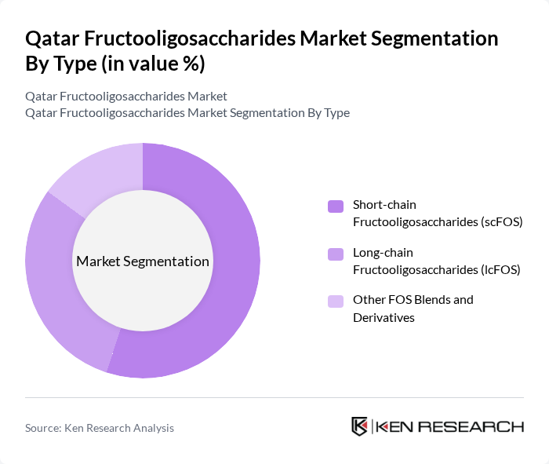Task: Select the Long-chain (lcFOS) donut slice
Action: [x=55, y=283]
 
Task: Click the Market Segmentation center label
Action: [x=142, y=261]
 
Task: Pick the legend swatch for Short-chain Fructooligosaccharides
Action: [x=336, y=206]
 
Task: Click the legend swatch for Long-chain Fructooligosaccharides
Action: [x=336, y=254]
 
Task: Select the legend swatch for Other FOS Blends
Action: [x=336, y=301]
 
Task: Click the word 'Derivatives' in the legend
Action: [x=384, y=317]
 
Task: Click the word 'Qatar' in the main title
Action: [x=53, y=38]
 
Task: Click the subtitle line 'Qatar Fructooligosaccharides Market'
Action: [x=126, y=97]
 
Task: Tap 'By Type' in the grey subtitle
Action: [x=326, y=112]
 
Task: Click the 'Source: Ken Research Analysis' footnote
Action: [x=100, y=428]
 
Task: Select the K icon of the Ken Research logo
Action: [x=359, y=426]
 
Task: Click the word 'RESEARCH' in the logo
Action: [x=475, y=426]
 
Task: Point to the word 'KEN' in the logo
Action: [x=393, y=426]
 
